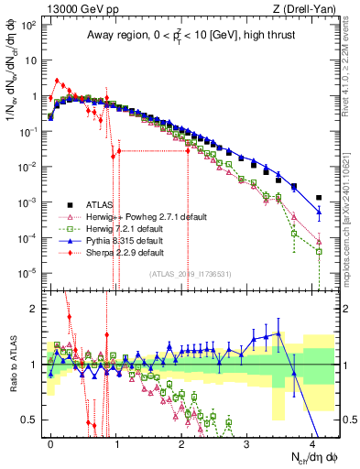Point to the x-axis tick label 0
[50, 442]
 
